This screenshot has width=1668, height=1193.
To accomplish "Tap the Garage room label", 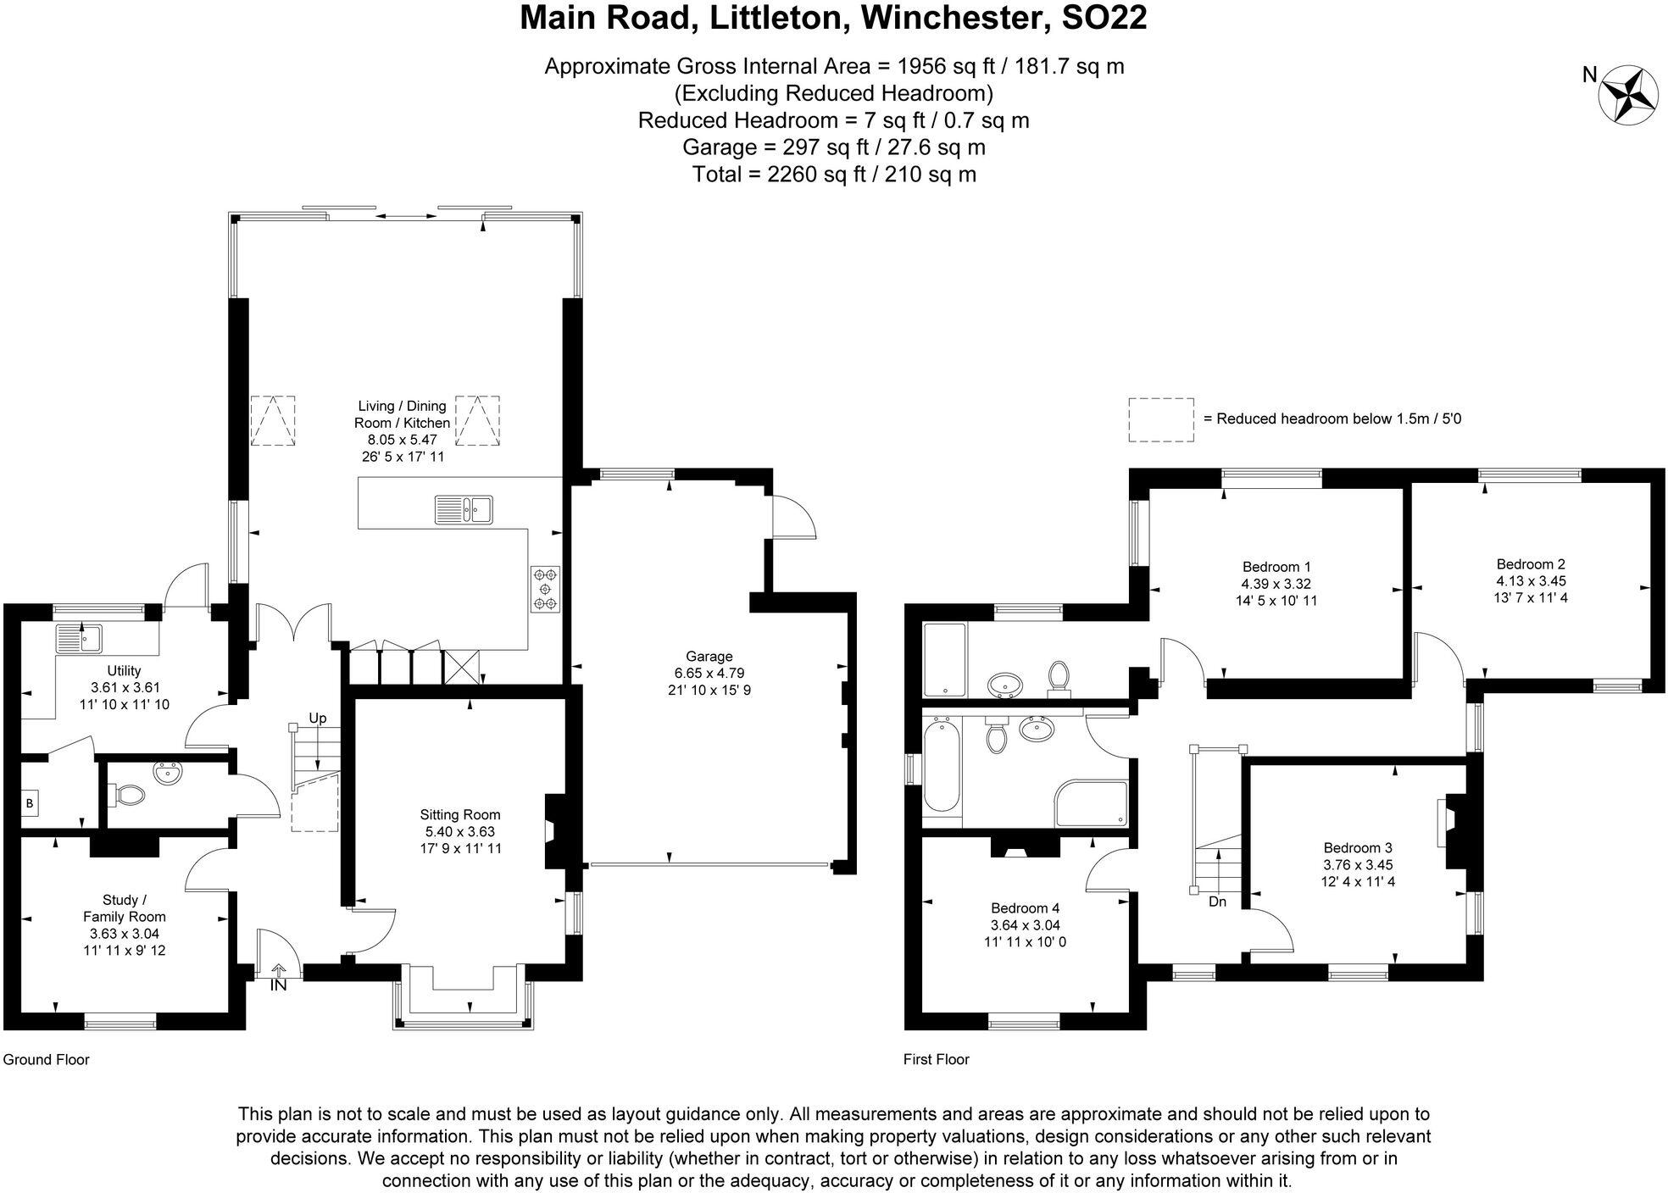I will pyautogui.click(x=709, y=657).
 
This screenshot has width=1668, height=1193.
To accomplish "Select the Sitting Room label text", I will pyautogui.click(x=460, y=815).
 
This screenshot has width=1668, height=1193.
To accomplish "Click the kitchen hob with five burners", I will pyautogui.click(x=545, y=588).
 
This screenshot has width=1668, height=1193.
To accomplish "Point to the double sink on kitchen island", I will pyautogui.click(x=464, y=509).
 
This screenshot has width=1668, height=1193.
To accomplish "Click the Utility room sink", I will pyautogui.click(x=80, y=639).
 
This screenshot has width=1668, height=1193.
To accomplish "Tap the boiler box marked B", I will pyautogui.click(x=30, y=802).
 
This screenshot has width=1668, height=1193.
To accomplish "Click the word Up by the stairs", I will pyautogui.click(x=317, y=719).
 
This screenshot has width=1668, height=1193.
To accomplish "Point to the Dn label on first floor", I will pyautogui.click(x=1217, y=902).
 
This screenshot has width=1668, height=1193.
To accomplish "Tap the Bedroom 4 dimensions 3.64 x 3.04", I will pyautogui.click(x=1025, y=925).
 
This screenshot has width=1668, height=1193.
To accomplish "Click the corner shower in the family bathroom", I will pyautogui.click(x=1092, y=803).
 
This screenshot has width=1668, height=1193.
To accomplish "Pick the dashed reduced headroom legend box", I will pyautogui.click(x=1160, y=419).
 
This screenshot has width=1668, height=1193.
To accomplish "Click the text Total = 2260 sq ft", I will pyautogui.click(x=834, y=175).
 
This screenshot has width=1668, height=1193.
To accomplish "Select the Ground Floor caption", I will pyautogui.click(x=46, y=1059).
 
